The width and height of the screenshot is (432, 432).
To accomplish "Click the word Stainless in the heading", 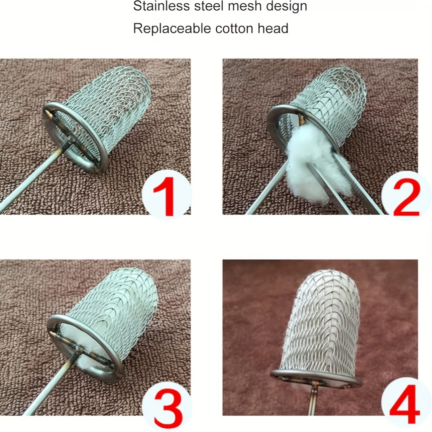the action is pos(162,6).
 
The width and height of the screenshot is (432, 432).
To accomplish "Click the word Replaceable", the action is pos(172,29).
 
